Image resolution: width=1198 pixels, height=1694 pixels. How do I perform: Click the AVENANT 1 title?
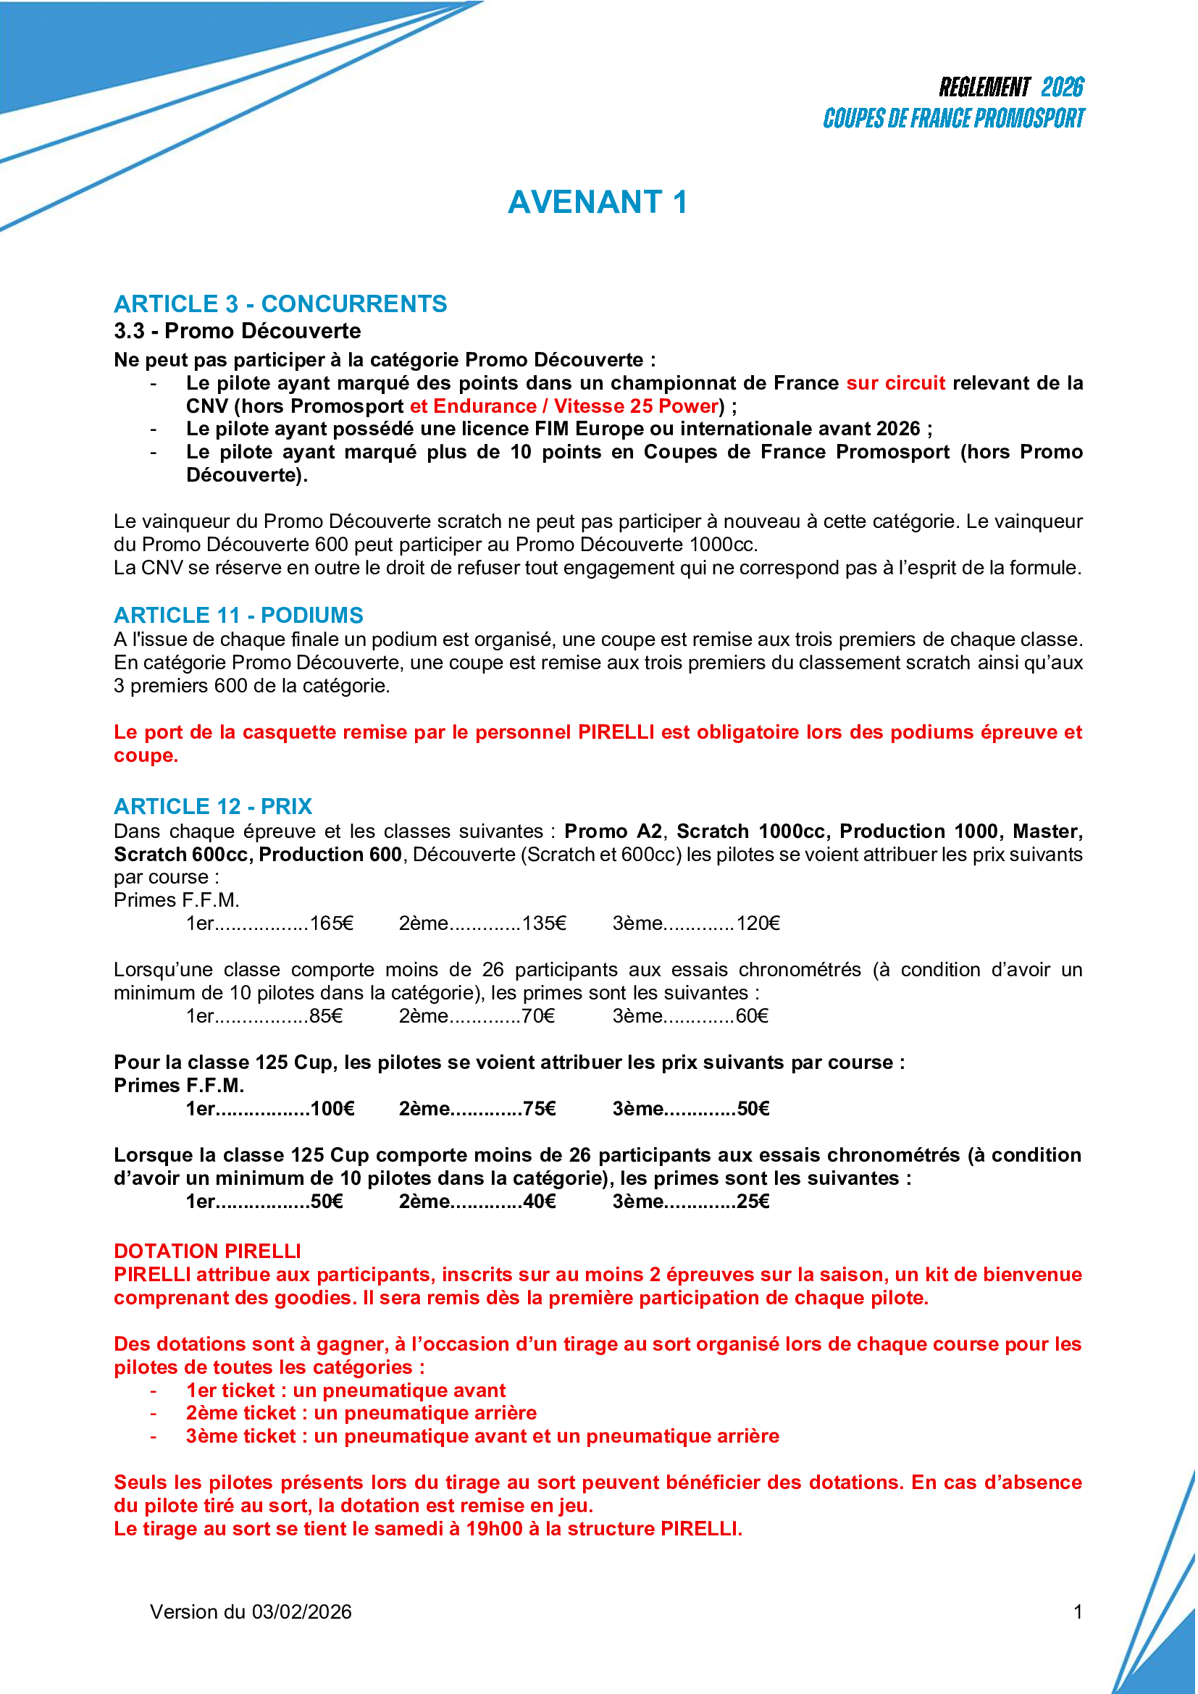coord(598,202)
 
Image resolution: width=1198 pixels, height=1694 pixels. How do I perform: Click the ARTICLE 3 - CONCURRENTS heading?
coord(280,304)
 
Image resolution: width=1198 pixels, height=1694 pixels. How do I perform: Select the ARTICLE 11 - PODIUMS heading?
coord(238,616)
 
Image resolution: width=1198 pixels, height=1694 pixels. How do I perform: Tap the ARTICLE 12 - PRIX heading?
coord(213,806)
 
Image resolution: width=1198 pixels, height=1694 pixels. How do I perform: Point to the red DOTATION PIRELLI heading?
coord(207,1251)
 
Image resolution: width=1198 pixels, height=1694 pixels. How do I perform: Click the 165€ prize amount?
coord(332,923)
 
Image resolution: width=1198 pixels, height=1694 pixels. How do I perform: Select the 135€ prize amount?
coord(545,923)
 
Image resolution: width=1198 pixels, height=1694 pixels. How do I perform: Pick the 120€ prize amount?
coord(758,923)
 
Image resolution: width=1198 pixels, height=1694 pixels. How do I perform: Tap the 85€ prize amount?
coord(326,1017)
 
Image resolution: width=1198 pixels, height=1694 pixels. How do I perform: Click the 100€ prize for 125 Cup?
coord(332,1109)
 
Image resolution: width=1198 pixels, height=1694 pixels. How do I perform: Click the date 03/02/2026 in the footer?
coord(302,1612)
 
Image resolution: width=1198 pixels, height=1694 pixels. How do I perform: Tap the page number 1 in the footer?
coord(1078,1612)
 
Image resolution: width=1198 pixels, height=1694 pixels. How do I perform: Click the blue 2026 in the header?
coord(1063,87)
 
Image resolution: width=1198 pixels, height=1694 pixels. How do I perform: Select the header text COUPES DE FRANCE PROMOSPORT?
coord(954,118)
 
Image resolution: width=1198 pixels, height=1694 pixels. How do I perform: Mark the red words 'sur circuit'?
coord(895,383)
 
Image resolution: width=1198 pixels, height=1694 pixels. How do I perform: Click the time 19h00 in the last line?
coord(494,1529)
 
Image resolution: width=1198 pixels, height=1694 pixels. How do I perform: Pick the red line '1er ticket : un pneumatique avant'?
coord(346,1391)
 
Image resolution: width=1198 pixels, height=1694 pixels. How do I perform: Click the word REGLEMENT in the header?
coord(985,87)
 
